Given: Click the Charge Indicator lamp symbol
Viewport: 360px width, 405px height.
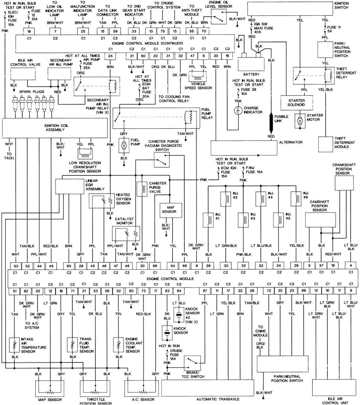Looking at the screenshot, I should coord(238,111).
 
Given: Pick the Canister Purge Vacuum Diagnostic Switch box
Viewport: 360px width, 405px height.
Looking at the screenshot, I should coord(162,159).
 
